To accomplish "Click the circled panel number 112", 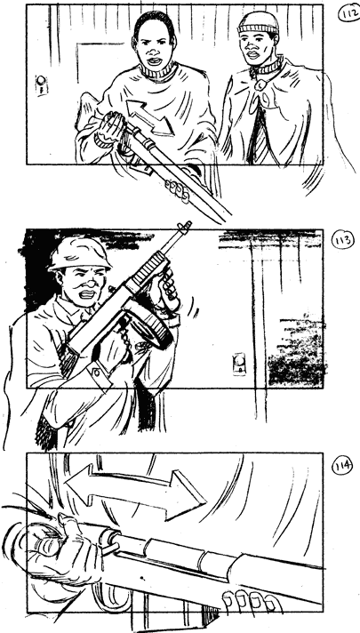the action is tap(348, 13).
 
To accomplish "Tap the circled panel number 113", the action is tap(342, 241).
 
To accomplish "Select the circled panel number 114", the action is tap(342, 467).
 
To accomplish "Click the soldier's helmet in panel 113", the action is tap(78, 254).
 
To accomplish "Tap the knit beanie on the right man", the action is tap(259, 22).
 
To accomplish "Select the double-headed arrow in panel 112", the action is tap(149, 117).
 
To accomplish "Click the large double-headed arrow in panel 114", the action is tap(135, 490).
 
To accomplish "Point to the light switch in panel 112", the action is tap(41, 84).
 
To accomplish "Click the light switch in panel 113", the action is tap(239, 364).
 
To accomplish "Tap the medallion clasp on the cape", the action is tap(260, 85).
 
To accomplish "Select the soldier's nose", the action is tap(92, 284).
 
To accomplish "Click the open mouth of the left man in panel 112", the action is tap(155, 61).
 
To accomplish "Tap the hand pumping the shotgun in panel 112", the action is tap(108, 128).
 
